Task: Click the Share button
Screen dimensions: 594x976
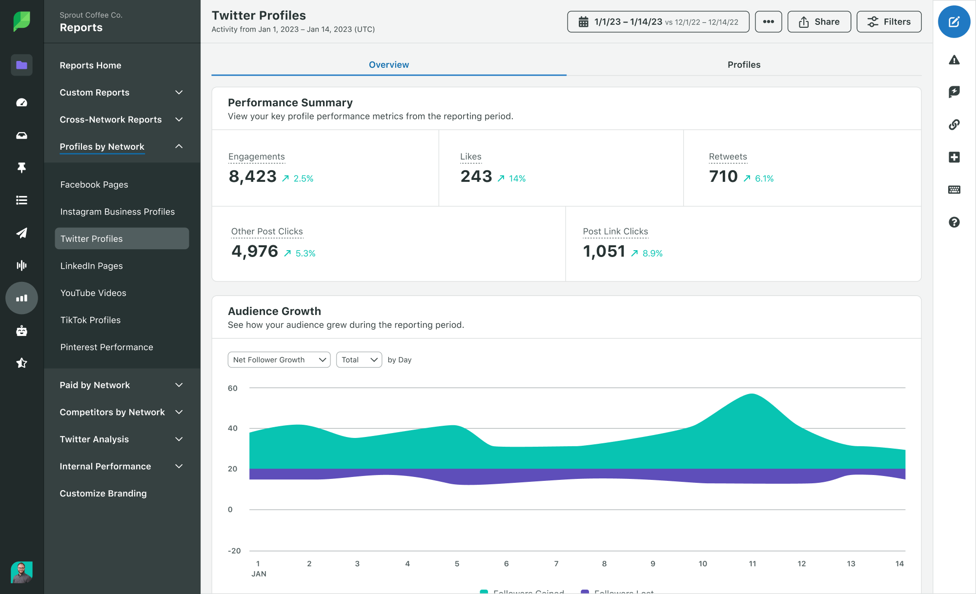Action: click(x=819, y=22)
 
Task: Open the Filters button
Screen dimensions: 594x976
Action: click(x=889, y=22)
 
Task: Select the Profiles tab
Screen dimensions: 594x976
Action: click(x=744, y=65)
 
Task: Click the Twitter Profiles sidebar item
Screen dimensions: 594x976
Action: click(x=122, y=238)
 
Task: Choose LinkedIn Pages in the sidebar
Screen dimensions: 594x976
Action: click(x=92, y=266)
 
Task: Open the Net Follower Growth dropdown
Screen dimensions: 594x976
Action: click(x=279, y=360)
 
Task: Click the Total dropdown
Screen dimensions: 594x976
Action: click(x=359, y=360)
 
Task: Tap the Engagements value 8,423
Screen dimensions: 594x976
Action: click(x=252, y=177)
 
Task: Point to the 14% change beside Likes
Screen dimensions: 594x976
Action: click(x=517, y=178)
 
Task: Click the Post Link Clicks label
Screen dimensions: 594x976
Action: click(x=615, y=232)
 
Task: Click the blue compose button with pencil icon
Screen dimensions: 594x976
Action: click(x=954, y=22)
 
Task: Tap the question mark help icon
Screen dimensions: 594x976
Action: click(x=954, y=222)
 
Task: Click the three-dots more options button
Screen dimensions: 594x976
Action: click(x=768, y=22)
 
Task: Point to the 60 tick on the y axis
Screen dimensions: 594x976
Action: click(x=232, y=388)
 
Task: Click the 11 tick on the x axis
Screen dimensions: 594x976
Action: click(x=752, y=564)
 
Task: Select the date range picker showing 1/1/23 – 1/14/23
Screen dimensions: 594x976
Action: click(x=658, y=22)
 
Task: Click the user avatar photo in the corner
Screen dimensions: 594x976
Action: click(x=21, y=572)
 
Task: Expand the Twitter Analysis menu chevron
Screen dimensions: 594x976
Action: click(x=179, y=439)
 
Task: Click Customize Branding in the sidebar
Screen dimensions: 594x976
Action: click(x=103, y=494)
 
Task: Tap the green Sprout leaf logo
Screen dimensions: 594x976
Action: click(x=21, y=21)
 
